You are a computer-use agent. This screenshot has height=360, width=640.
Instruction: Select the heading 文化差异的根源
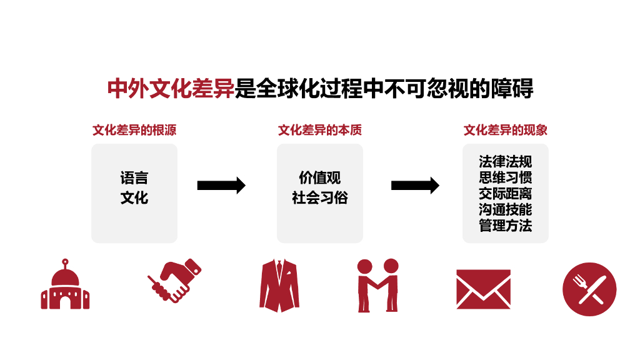pos(134,130)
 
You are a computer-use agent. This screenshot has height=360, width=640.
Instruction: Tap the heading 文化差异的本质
pos(320,130)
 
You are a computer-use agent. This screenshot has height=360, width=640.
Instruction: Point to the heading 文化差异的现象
pos(505,130)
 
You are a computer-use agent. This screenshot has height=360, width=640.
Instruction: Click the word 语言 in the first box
pos(134,178)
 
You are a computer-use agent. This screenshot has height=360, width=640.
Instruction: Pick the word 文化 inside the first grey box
pos(134,198)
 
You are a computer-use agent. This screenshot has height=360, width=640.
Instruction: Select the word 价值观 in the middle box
pos(320,178)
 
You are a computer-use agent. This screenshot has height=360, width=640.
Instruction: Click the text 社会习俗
pos(320,198)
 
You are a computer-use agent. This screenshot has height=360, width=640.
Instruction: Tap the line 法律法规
pos(505,162)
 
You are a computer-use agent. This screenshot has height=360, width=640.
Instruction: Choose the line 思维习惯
pos(505,177)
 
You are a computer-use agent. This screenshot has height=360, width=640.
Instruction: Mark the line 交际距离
pos(505,193)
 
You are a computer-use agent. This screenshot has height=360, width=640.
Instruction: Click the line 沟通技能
pos(505,209)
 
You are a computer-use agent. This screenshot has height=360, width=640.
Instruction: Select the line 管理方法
pos(505,225)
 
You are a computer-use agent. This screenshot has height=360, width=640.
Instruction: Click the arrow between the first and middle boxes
pos(221,186)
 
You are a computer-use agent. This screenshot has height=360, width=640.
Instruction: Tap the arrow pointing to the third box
pos(415,186)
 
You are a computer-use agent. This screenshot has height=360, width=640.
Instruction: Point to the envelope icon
pos(483,289)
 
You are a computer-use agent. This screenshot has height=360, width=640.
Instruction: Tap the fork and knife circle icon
pos(589,289)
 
